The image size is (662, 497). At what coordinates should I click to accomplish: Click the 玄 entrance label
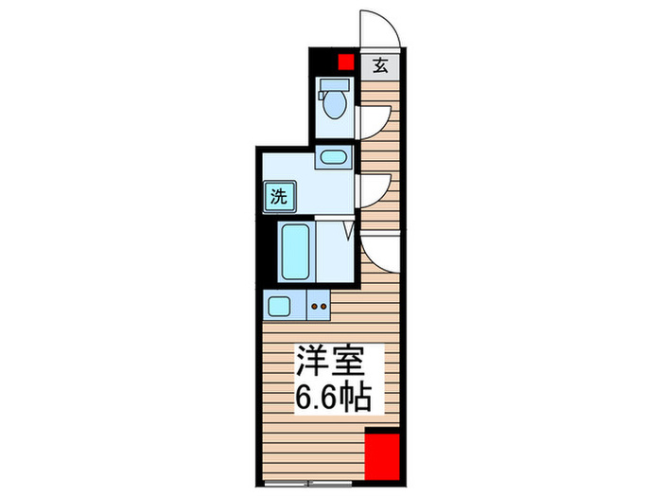point(379,65)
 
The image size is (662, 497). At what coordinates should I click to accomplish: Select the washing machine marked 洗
point(278,198)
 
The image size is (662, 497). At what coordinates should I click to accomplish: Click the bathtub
point(295,251)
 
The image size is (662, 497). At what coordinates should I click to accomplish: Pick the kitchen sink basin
point(280,305)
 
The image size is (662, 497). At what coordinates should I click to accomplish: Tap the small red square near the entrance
point(345,62)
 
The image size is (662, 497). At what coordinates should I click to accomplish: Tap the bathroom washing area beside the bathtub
point(335,251)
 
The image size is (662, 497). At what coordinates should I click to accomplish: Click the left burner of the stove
point(313,306)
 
